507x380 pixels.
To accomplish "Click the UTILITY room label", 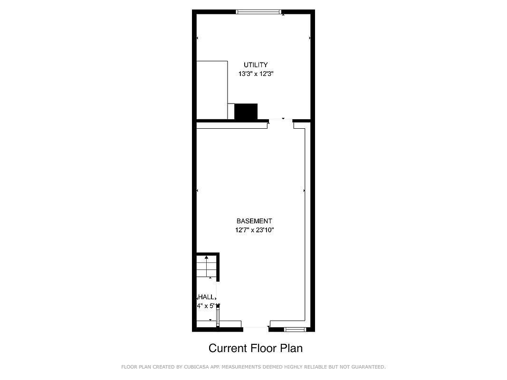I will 256,65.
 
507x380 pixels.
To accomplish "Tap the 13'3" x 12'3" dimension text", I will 257,74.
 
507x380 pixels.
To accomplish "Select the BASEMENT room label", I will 254,221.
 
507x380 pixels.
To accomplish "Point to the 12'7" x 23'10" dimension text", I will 255,230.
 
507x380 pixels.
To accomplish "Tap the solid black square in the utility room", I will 246,112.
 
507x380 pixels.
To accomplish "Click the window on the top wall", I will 259,12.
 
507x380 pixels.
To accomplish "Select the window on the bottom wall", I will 295,329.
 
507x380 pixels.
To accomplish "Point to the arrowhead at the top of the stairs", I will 206,257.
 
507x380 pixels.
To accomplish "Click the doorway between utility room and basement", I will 280,121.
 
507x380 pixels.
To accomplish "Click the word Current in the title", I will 228,348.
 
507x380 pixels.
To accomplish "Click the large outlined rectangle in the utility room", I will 212,90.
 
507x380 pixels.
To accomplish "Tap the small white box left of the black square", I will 231,111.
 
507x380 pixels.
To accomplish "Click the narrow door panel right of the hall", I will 218,316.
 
